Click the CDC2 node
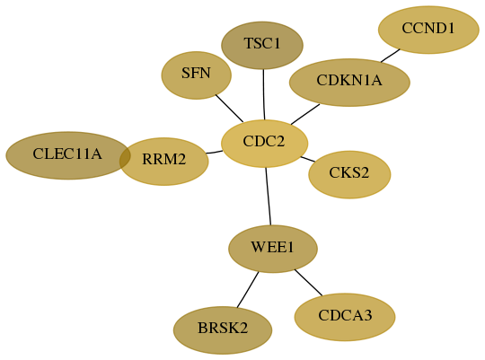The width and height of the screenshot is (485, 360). [x=264, y=144]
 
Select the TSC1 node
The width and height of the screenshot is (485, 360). [x=262, y=46]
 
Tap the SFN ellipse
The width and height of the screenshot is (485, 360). [x=196, y=75]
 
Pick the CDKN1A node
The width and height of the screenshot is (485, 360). [x=349, y=83]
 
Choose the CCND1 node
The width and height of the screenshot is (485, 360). [x=428, y=30]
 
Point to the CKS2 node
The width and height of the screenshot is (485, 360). [x=349, y=175]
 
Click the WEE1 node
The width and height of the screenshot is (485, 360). [x=273, y=249]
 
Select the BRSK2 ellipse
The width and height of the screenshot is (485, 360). [x=223, y=330]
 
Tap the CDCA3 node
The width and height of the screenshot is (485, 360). [x=345, y=317]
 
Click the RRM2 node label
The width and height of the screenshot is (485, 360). [x=164, y=159]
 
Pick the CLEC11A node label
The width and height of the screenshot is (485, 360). [x=67, y=154]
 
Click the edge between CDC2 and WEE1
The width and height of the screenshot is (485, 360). [x=269, y=197]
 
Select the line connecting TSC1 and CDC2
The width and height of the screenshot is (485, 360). [x=263, y=94]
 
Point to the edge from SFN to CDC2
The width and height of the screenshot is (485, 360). [x=229, y=109]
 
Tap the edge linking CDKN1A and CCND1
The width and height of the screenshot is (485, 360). [x=391, y=56]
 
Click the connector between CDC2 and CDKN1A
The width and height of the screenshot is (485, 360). [x=305, y=114]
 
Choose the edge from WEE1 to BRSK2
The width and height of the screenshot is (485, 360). [x=248, y=290]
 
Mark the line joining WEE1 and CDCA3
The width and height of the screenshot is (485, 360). [x=308, y=283]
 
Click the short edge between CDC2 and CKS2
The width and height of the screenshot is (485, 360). [x=308, y=159]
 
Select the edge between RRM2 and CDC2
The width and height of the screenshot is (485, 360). [x=214, y=152]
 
